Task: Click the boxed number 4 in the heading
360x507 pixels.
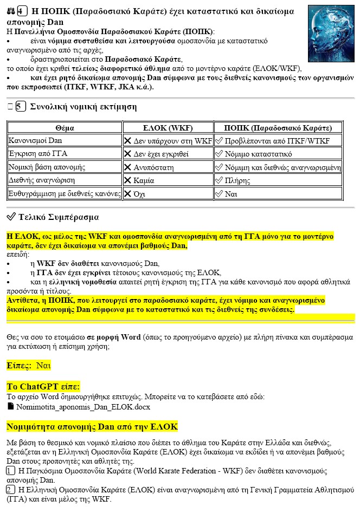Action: pos(21,11)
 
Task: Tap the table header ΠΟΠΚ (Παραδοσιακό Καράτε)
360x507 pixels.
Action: pos(278,128)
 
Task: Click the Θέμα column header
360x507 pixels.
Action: pos(65,128)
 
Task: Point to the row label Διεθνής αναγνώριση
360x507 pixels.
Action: pos(41,180)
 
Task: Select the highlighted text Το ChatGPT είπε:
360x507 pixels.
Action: pos(43,386)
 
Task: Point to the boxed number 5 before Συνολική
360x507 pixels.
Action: pos(21,107)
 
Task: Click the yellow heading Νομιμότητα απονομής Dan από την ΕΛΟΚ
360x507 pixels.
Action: pos(92,426)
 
